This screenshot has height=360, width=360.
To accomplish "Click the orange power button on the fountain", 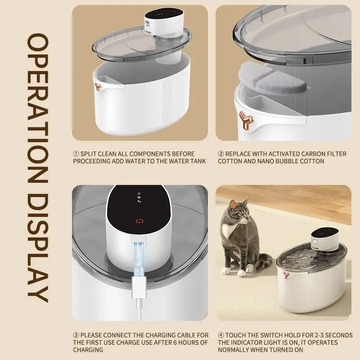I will point(139,221).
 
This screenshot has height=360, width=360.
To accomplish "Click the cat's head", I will point(238,212).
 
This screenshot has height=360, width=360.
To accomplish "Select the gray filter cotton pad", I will point(275,81).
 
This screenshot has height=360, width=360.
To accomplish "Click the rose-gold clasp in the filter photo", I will point(246,119).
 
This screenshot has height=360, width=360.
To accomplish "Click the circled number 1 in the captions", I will point(76,154).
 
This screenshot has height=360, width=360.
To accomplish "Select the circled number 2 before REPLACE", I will point(220,154).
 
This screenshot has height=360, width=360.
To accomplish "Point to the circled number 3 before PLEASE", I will point(76,335).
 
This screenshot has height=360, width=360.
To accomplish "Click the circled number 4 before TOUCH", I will point(220,335).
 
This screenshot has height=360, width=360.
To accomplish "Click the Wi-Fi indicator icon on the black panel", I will point(139,197).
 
